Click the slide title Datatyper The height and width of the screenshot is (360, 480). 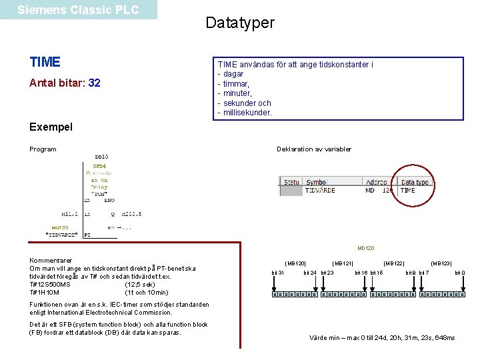[240, 23]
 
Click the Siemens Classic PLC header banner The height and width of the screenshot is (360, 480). [78, 10]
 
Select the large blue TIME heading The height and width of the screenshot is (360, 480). [45, 63]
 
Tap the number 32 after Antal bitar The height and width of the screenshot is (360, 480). [94, 83]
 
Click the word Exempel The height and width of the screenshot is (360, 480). [51, 127]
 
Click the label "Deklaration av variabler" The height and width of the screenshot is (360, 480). [314, 149]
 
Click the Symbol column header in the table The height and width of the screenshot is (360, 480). [317, 182]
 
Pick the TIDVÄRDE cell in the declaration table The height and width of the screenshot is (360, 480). [321, 191]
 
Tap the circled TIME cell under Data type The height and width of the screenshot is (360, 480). [407, 191]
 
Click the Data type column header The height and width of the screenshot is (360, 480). [415, 182]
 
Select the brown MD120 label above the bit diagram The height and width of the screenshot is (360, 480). [366, 248]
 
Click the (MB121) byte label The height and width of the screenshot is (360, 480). [343, 264]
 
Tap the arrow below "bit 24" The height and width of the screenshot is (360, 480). [310, 284]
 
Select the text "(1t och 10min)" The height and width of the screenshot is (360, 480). [147, 293]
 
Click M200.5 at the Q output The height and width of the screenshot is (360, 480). [132, 214]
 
